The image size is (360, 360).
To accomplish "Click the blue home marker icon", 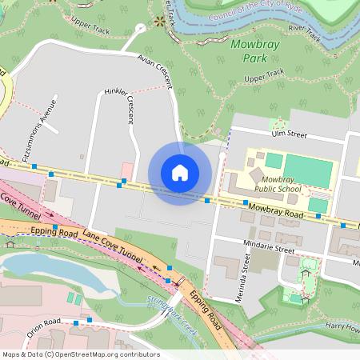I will (x=180, y=173).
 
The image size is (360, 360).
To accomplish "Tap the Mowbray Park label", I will (x=255, y=51).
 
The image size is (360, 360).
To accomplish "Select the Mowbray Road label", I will (x=275, y=211).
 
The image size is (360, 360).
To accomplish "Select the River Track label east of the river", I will (x=305, y=31).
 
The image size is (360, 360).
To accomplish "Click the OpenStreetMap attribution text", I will (x=80, y=354).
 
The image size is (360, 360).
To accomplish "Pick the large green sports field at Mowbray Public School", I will (x=308, y=170).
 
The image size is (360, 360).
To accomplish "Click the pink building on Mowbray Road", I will (x=127, y=171).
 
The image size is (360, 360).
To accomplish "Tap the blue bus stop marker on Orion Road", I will (x=76, y=322).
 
